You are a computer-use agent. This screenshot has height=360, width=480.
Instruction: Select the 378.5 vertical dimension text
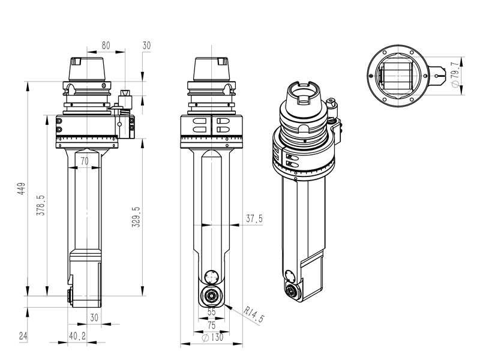click(40, 205)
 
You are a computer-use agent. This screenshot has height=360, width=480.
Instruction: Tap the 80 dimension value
click(106, 46)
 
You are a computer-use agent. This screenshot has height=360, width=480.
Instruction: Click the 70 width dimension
click(84, 161)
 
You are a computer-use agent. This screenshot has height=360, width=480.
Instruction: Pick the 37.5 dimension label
click(254, 219)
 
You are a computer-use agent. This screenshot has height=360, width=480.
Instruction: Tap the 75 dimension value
click(211, 325)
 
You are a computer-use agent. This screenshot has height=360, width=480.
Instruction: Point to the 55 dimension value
click(211, 312)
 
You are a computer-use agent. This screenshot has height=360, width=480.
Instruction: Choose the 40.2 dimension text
click(77, 336)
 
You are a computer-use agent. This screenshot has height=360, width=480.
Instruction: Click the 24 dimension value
click(23, 336)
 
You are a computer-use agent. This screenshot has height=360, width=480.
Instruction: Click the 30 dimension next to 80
click(147, 46)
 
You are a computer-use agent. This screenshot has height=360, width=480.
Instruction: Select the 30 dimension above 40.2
click(94, 317)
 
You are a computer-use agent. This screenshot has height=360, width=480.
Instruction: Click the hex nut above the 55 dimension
click(211, 295)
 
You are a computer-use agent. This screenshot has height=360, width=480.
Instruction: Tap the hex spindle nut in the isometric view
click(292, 292)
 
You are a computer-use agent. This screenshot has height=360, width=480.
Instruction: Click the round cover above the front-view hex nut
click(211, 277)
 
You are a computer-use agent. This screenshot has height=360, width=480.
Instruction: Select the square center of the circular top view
click(397, 77)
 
